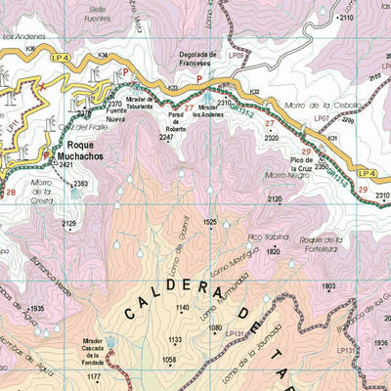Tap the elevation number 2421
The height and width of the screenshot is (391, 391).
point(65,166)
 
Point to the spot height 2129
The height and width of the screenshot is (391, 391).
point(68,224)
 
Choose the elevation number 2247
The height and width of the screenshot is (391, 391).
point(167,138)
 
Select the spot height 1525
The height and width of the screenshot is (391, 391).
point(209,223)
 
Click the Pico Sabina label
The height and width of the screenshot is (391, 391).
point(268,237)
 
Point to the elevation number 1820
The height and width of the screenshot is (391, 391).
point(273,251)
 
